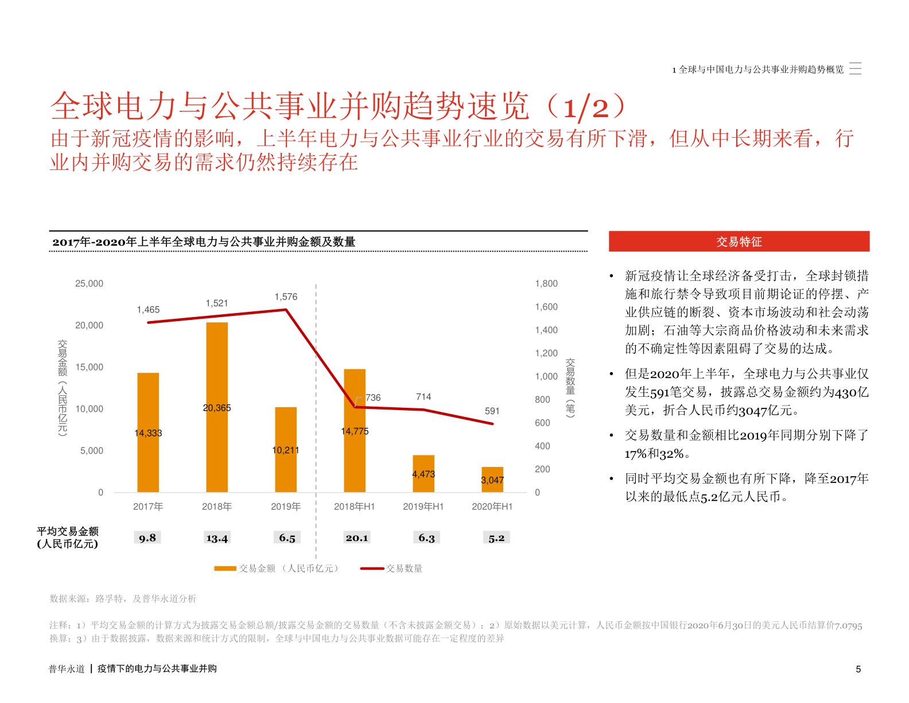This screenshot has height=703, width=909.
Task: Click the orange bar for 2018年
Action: [217, 407]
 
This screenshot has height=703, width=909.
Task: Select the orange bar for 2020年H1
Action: [492, 480]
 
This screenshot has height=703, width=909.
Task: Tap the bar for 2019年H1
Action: [424, 473]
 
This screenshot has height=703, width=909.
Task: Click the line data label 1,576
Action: [286, 297]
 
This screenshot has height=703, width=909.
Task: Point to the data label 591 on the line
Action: [492, 411]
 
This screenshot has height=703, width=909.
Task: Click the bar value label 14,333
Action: [148, 433]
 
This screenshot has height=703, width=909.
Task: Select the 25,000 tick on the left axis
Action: [89, 284]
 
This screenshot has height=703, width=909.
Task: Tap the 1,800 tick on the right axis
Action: [546, 284]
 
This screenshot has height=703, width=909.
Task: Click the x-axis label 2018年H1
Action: [355, 507]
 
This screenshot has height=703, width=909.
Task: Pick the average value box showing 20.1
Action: [356, 538]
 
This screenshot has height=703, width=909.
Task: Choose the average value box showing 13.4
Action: [217, 538]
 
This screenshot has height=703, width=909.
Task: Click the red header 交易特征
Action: [739, 242]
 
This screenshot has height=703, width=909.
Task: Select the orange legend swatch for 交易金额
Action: [225, 569]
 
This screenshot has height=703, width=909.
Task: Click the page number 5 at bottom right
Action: [858, 669]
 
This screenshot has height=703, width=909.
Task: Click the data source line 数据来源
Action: [123, 598]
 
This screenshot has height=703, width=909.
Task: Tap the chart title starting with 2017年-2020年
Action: [204, 242]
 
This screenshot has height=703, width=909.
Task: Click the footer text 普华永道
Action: [67, 669]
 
